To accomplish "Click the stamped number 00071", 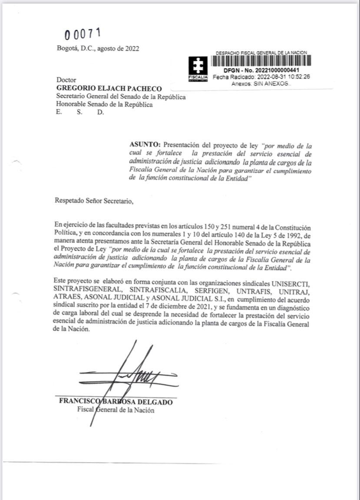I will point(83,33).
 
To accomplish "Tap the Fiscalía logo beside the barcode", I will point(198,69).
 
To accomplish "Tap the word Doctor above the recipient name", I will point(66,80).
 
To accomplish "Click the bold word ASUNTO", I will point(145,144).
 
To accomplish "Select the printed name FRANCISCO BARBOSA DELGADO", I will point(116,402).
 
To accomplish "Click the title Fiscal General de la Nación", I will point(116,410).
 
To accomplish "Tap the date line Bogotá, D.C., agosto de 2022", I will point(98,49).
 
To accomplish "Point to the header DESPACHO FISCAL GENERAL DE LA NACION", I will point(261,53).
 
